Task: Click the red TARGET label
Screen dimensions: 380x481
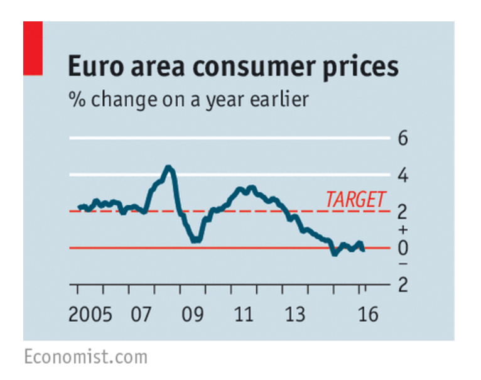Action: [355, 200]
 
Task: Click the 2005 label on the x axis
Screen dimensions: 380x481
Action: [90, 313]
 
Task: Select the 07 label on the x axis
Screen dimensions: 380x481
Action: [142, 313]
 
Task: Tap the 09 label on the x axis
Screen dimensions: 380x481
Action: [193, 313]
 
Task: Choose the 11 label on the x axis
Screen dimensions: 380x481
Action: [244, 313]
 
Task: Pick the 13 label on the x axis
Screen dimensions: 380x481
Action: [295, 313]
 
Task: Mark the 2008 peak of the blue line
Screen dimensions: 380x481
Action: [168, 168]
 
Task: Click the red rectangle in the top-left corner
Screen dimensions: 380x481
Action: [33, 48]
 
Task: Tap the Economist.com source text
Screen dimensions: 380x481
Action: [85, 357]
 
